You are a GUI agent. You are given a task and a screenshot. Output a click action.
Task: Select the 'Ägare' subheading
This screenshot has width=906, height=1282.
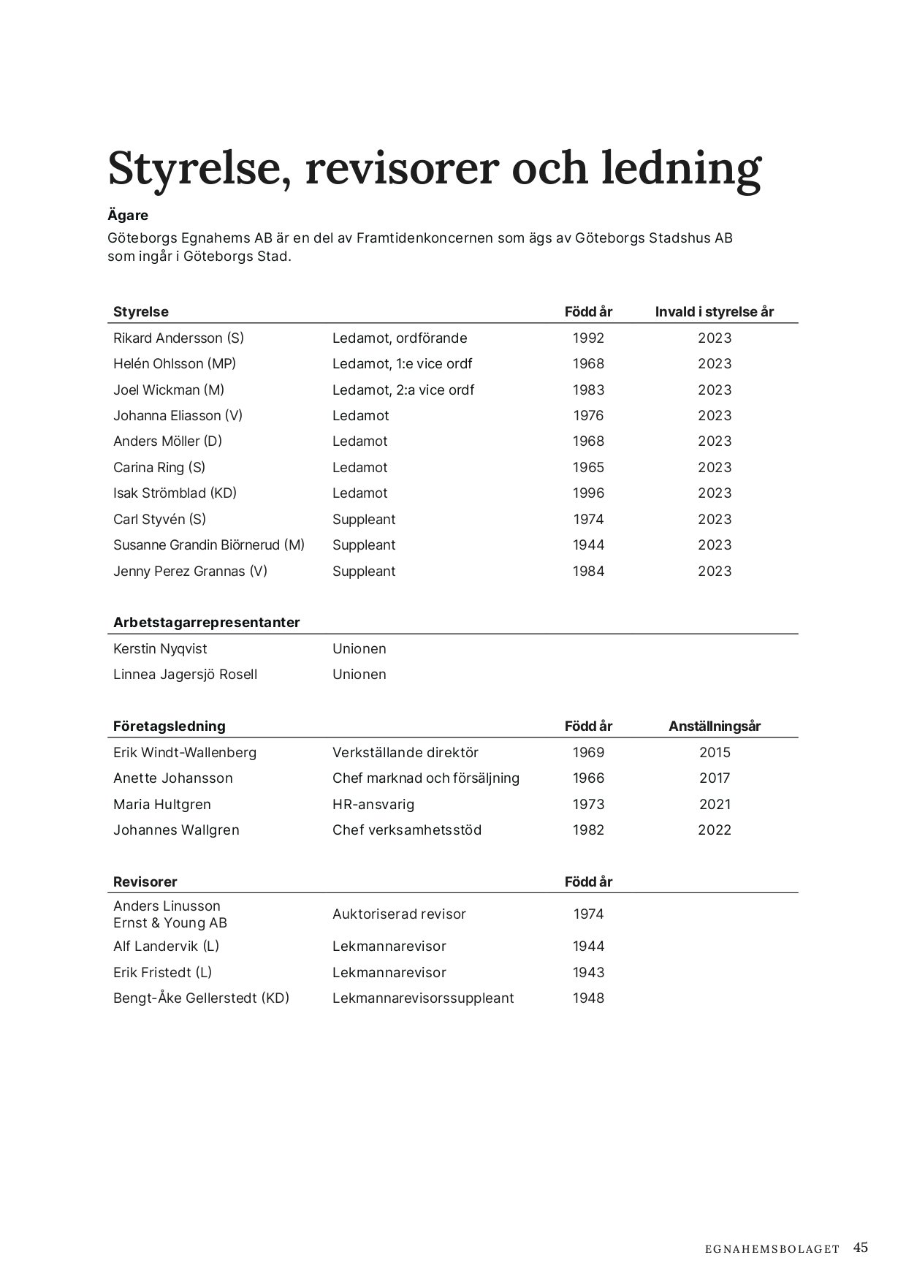tap(128, 216)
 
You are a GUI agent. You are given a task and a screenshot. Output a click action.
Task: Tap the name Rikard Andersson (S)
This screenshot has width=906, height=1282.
tap(178, 338)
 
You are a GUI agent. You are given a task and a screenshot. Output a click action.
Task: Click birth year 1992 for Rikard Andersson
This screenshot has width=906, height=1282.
tap(588, 338)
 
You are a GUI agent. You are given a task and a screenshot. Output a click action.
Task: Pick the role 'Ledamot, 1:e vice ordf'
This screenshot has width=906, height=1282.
tap(402, 364)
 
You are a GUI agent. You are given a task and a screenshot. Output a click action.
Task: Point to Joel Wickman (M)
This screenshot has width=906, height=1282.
tap(169, 390)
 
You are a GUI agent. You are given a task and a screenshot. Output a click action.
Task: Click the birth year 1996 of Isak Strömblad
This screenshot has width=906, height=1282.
tap(588, 493)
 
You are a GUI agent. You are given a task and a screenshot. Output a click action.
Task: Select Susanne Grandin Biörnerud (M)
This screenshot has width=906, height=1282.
tap(209, 545)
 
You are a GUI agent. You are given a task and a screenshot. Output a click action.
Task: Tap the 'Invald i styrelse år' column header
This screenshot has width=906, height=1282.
tap(714, 312)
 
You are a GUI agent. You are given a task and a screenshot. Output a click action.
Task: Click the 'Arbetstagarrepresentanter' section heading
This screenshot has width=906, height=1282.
tap(206, 623)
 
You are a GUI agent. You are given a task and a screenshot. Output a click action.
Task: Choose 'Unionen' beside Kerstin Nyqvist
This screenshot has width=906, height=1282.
tap(359, 649)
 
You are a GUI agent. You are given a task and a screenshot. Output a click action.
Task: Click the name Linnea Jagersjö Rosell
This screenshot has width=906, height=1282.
tap(185, 675)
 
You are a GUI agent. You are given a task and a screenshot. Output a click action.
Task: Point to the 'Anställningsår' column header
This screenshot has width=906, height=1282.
tap(714, 727)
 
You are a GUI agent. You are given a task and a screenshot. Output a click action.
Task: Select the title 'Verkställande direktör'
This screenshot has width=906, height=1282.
tap(405, 753)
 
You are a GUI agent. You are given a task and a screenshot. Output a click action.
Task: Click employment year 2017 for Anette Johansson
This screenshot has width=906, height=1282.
tap(714, 778)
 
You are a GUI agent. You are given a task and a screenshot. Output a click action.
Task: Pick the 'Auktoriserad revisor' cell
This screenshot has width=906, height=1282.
tap(399, 914)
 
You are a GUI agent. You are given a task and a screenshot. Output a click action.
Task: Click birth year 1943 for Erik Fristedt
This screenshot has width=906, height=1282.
tap(588, 973)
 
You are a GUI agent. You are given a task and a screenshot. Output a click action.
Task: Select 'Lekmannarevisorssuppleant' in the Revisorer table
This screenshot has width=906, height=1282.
tap(423, 998)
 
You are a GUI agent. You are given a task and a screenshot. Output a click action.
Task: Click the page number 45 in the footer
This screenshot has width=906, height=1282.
tap(860, 1247)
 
